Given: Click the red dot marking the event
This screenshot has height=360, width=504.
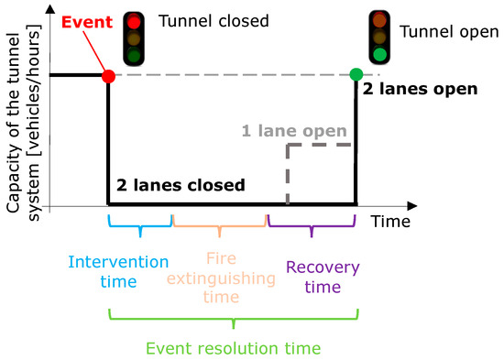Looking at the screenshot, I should click(108, 75).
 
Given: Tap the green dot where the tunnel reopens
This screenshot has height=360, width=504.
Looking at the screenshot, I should click(356, 74).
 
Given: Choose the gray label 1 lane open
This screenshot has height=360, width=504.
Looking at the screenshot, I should click(294, 131).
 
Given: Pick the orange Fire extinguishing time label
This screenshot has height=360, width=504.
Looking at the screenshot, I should click(220, 276).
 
